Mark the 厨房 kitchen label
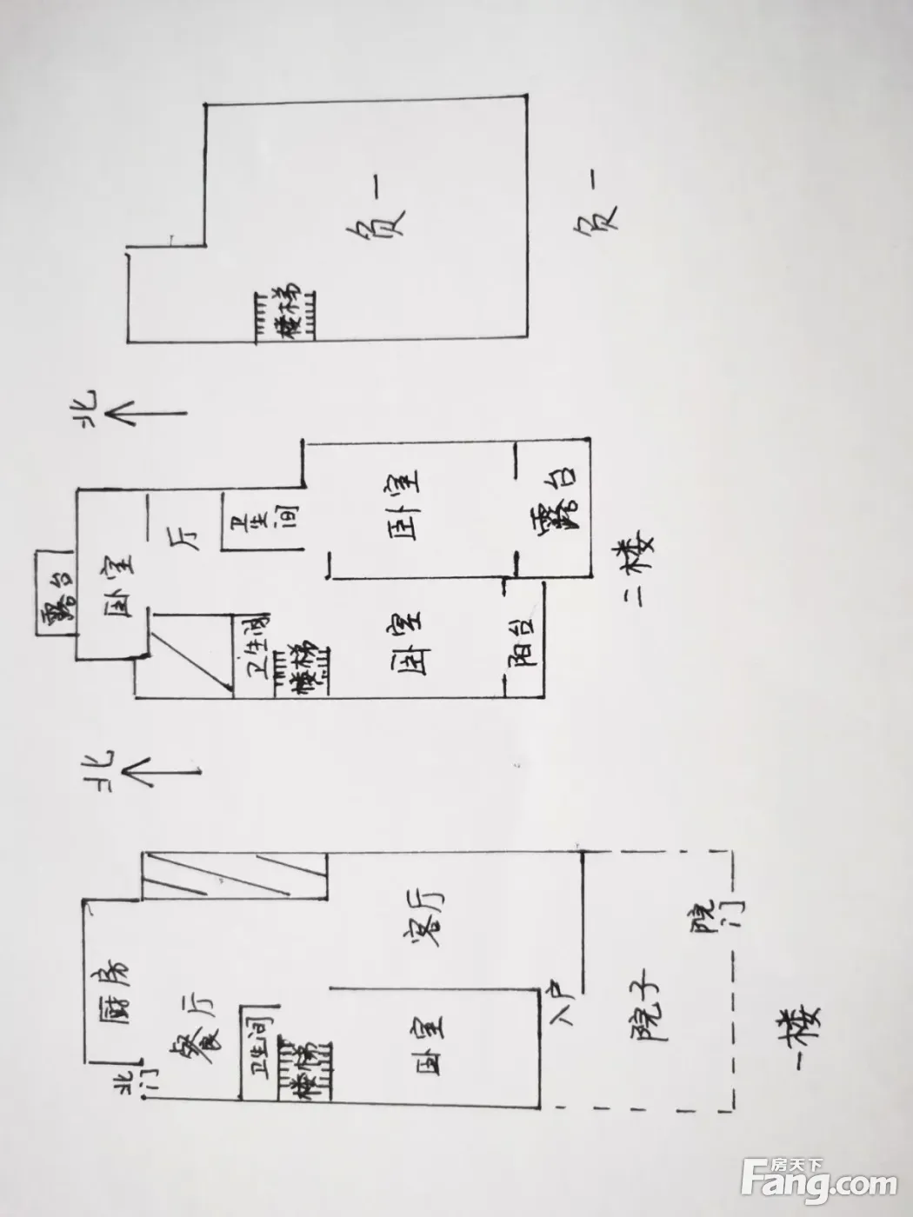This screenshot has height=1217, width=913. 113,990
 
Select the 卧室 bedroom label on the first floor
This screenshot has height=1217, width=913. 431,1044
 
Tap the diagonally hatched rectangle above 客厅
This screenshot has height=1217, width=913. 234,875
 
